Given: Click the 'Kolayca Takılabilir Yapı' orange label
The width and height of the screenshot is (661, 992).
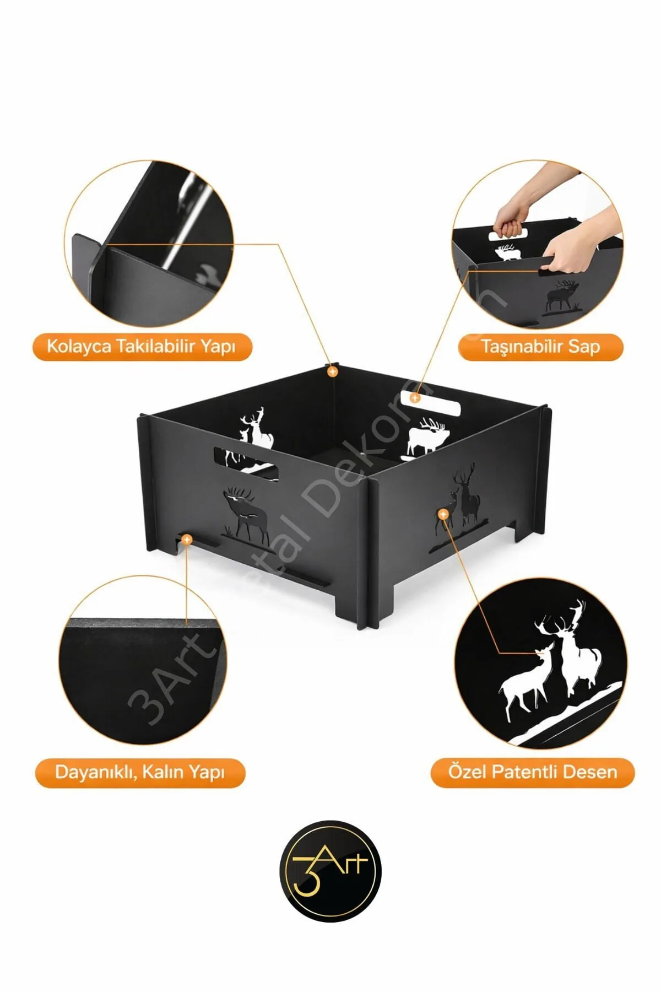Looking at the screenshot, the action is pyautogui.click(x=142, y=347).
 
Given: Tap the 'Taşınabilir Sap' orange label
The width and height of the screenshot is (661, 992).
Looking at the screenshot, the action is pyautogui.click(x=540, y=347).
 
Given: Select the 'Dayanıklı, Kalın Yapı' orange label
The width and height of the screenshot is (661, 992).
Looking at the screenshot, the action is pyautogui.click(x=140, y=772).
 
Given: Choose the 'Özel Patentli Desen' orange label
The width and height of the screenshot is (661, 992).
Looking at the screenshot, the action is pyautogui.click(x=533, y=772).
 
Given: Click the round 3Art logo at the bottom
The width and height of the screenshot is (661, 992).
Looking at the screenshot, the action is pyautogui.click(x=330, y=871).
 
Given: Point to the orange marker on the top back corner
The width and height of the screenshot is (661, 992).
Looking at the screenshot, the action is pyautogui.click(x=332, y=372).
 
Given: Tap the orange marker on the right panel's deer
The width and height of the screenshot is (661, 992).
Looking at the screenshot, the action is pyautogui.click(x=443, y=514).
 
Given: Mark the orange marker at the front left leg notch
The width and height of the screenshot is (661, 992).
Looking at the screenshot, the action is pyautogui.click(x=187, y=539).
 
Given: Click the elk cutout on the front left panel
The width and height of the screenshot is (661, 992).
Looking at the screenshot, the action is pyautogui.click(x=246, y=515).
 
